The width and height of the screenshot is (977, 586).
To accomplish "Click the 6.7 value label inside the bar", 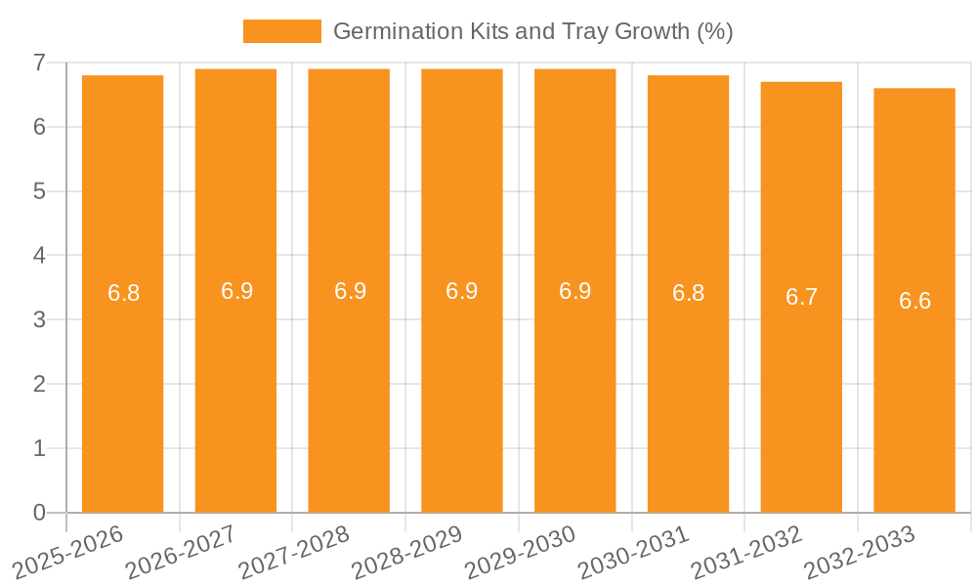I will (x=801, y=298).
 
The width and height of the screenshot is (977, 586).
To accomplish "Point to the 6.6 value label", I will (x=914, y=301).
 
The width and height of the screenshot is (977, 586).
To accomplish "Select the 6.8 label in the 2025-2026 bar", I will (x=123, y=293).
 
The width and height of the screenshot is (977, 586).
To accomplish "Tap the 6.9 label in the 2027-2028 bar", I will (x=350, y=291).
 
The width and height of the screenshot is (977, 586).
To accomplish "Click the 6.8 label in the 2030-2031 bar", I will (x=688, y=293).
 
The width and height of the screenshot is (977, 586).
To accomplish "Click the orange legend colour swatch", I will (x=281, y=31).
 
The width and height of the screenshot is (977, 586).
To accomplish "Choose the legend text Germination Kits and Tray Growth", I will (x=532, y=31).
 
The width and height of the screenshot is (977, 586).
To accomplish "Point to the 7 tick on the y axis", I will (x=39, y=63).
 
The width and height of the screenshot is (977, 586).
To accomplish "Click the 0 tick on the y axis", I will (x=39, y=513).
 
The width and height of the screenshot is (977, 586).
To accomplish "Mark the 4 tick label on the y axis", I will (x=39, y=256).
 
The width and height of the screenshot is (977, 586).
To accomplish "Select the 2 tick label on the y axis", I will (x=39, y=384).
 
